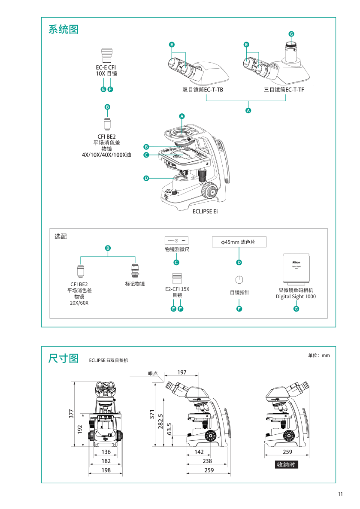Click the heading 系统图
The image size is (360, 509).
coord(63,30)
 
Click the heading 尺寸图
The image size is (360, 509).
coord(63,358)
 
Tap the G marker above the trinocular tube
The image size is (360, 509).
coord(291,34)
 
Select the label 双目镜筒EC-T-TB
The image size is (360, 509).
coord(203,90)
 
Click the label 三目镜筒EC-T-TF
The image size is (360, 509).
coord(284,90)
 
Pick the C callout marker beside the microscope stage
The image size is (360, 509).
coord(146,155)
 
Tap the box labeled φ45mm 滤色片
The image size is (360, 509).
coord(239,242)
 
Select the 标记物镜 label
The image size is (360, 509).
coord(135,284)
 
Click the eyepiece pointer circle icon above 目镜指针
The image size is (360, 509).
coord(239,280)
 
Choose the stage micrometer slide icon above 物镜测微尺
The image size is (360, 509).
coord(176,241)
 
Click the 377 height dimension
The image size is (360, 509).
coord(72,413)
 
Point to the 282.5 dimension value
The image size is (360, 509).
coord(160,421)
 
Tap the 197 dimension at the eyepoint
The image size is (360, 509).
coord(182,372)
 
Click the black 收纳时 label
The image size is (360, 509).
coord(287,464)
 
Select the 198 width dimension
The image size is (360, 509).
coord(106,470)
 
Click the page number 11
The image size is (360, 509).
coord(340,494)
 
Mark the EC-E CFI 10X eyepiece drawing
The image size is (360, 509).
coord(106,56)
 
